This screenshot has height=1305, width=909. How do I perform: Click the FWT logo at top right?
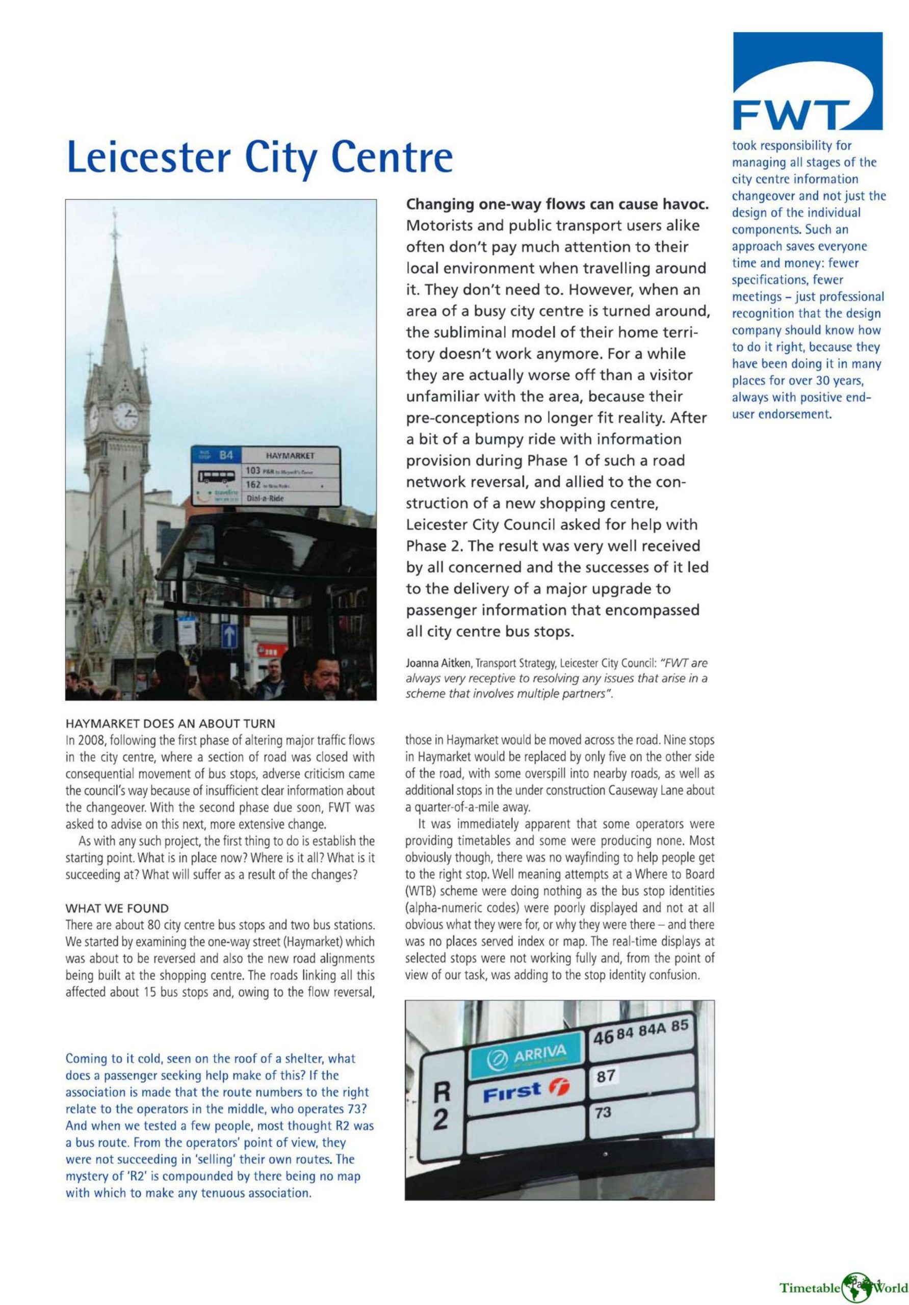807,81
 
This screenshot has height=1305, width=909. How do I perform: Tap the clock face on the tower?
125,416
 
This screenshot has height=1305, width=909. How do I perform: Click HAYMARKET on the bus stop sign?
290,456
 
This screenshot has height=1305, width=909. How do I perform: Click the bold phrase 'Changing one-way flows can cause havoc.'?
557,204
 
